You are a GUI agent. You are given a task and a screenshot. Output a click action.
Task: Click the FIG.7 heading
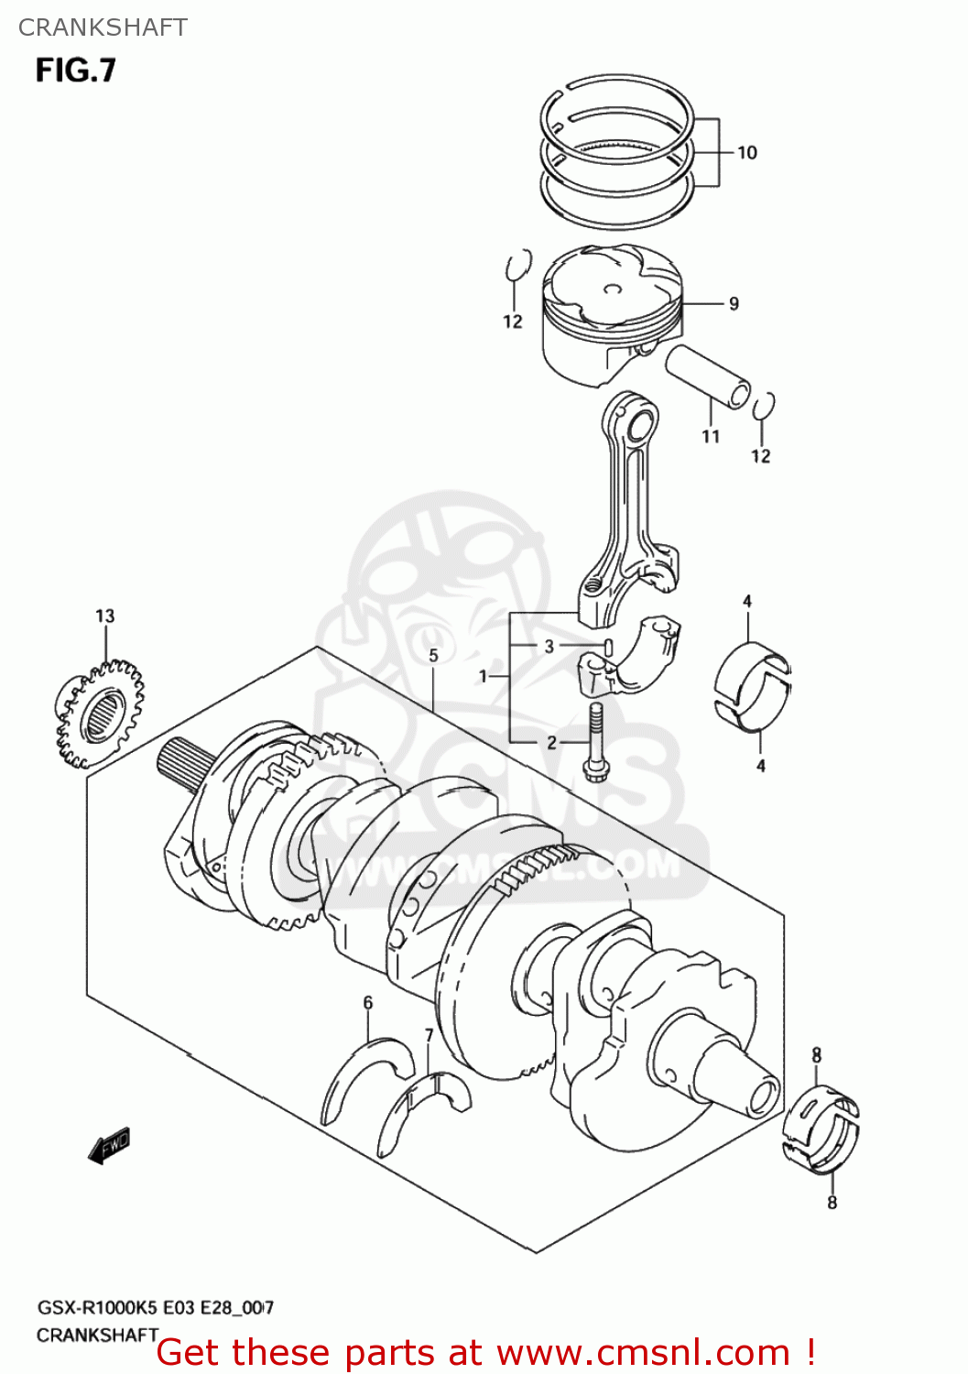[x=76, y=71]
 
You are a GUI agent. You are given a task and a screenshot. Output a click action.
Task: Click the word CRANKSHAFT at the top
[x=103, y=27]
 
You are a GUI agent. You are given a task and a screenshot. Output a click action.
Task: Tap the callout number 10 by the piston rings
[x=747, y=153]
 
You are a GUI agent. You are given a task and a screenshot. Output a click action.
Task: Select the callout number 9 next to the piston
[x=734, y=303]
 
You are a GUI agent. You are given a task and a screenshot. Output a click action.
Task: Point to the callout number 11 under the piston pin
[x=711, y=437]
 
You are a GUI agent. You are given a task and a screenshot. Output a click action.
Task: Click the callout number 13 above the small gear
[x=105, y=616]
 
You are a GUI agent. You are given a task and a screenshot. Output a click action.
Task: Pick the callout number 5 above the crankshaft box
[x=434, y=655]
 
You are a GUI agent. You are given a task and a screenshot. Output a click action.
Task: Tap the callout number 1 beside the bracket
[x=484, y=676]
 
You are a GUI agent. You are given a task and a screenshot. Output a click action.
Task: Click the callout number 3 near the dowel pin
[x=549, y=646]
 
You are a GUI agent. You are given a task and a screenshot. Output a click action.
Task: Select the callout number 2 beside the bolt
[x=551, y=742]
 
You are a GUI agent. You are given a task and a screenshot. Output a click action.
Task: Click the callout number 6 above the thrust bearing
[x=368, y=1002]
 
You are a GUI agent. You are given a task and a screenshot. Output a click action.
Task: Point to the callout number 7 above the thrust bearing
[x=429, y=1035]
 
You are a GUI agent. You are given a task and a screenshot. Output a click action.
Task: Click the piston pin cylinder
[x=708, y=376]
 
